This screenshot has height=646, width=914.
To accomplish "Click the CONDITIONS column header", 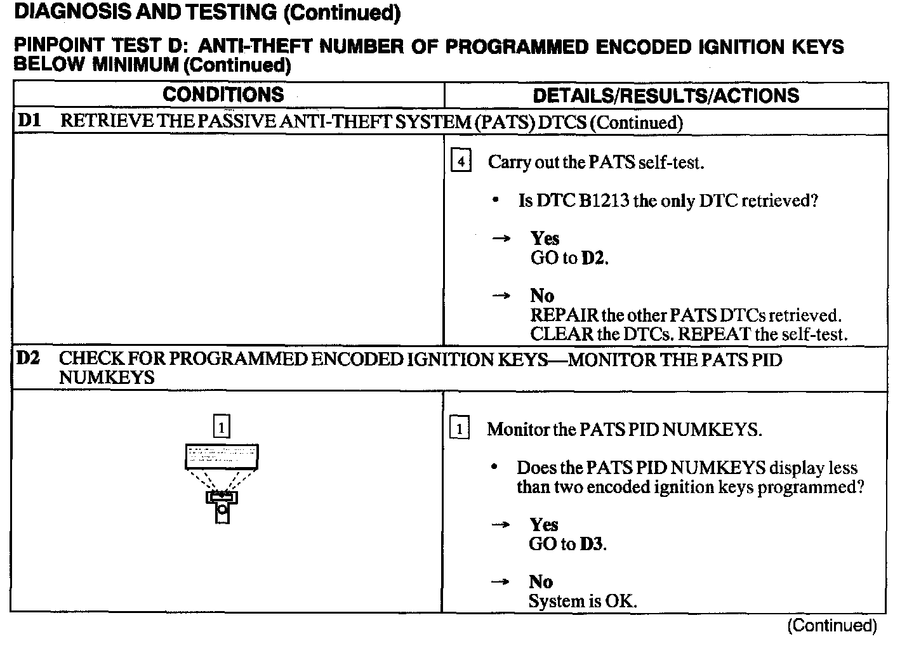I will click(223, 95).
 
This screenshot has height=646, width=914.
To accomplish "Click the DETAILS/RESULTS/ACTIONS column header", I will click(666, 95).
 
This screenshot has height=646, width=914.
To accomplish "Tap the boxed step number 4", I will click(460, 162).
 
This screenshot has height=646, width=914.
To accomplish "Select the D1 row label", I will click(29, 121).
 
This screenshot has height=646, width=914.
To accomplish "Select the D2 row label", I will click(28, 358).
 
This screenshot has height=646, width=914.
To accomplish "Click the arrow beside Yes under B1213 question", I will click(501, 239).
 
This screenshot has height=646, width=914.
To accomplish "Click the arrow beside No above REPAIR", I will click(501, 296).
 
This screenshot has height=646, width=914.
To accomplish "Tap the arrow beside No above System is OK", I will click(501, 582).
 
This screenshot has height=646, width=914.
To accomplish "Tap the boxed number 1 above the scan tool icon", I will click(221, 428).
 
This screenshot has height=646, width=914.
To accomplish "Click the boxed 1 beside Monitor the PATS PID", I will click(459, 429).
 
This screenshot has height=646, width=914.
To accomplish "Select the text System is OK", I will click(582, 601).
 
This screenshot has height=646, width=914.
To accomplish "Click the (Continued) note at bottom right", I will click(831, 626).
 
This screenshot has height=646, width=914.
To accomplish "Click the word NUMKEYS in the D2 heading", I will click(107, 378).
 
